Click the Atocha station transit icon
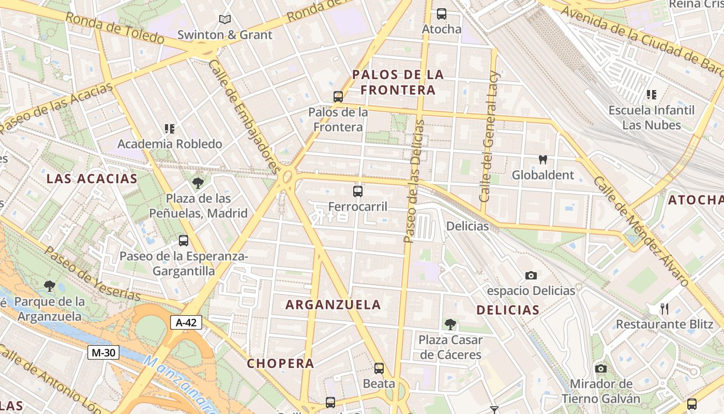point(441,14)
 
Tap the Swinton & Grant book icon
point(224,20)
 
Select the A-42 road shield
point(186,322)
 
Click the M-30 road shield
point(103,352)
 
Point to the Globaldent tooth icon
point(542,159)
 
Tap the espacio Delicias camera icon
point(531,275)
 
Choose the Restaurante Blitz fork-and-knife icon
point(665,309)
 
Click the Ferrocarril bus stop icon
point(357,191)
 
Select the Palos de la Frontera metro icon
point(338,96)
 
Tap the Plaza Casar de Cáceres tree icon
point(450,324)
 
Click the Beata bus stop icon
point(379,368)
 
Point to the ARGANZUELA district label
point(333,305)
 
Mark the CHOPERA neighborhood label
point(280,363)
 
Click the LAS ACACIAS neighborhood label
point(92,179)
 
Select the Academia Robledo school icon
point(170,128)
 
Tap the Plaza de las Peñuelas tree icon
point(198,183)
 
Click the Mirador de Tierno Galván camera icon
point(600,368)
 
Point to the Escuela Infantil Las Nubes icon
point(652,95)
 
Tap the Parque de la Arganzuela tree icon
point(50,286)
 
